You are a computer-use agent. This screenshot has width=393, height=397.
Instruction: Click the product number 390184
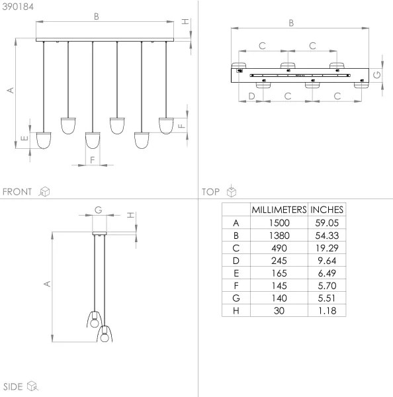18,7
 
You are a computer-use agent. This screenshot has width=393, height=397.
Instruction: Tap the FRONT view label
17,192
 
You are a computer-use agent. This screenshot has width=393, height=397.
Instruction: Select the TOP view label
210,192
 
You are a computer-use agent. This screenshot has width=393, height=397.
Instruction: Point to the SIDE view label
13,386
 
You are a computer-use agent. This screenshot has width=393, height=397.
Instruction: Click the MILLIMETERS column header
279,210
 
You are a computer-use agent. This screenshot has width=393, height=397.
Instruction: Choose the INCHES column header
327,210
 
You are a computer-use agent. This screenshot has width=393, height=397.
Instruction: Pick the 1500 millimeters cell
279,223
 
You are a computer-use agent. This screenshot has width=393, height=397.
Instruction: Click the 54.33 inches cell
327,236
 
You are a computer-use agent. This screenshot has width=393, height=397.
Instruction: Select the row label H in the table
236,310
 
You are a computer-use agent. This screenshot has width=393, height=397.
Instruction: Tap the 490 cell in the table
279,248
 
